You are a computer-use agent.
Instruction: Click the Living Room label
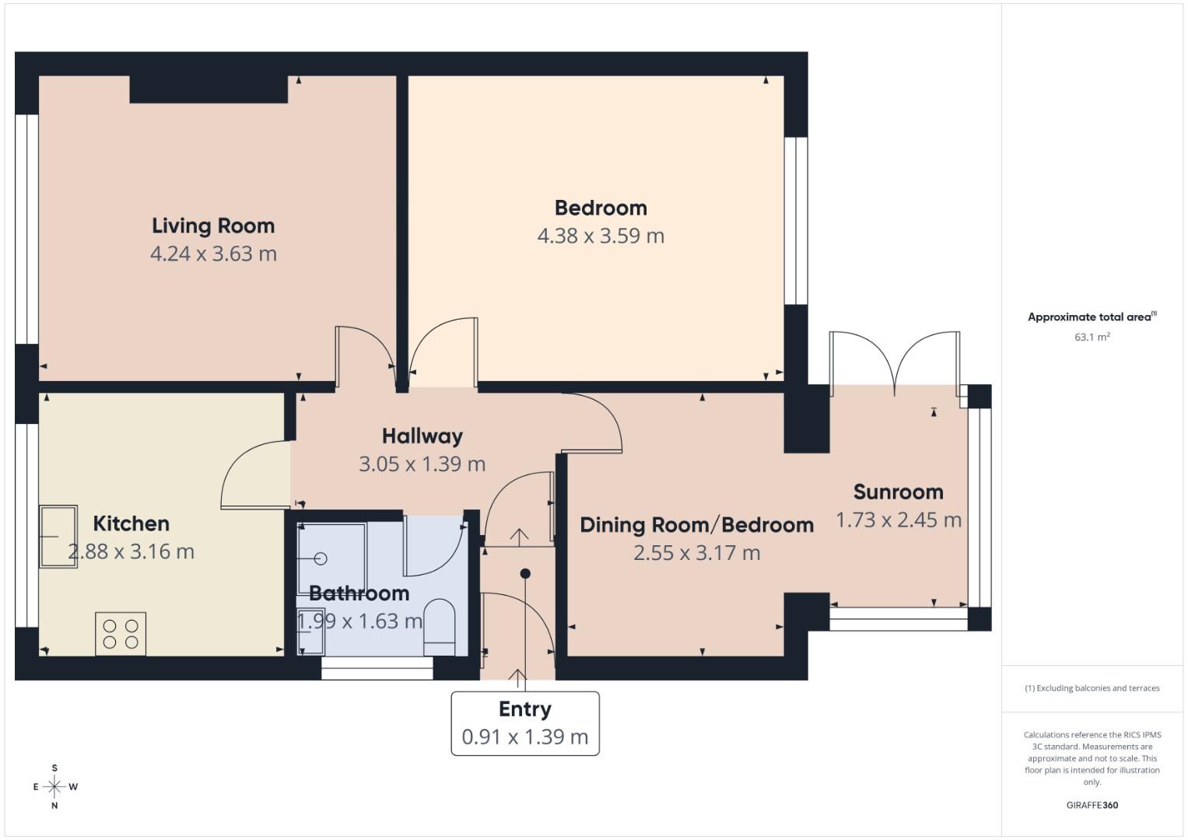[213, 226]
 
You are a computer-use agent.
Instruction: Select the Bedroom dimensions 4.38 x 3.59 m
[601, 236]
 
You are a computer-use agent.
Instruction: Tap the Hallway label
[422, 436]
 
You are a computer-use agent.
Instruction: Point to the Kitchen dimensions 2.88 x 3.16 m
[131, 551]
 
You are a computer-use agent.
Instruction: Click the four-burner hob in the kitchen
[121, 634]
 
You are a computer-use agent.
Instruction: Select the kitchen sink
[58, 537]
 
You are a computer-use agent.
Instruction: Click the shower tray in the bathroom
[331, 559]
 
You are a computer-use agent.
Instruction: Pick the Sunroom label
[898, 492]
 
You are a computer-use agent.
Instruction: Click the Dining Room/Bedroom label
[696, 525]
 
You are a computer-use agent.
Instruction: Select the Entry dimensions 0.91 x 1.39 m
[525, 737]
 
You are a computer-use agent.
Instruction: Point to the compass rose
[54, 786]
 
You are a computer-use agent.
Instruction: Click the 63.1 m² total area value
[1092, 338]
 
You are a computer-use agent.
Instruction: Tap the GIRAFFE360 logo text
[1092, 805]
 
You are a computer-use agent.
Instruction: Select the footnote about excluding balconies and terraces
[1092, 688]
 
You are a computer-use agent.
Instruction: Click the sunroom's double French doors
[895, 359]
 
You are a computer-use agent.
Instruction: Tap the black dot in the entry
[525, 574]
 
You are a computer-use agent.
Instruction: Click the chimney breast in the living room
[209, 89]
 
